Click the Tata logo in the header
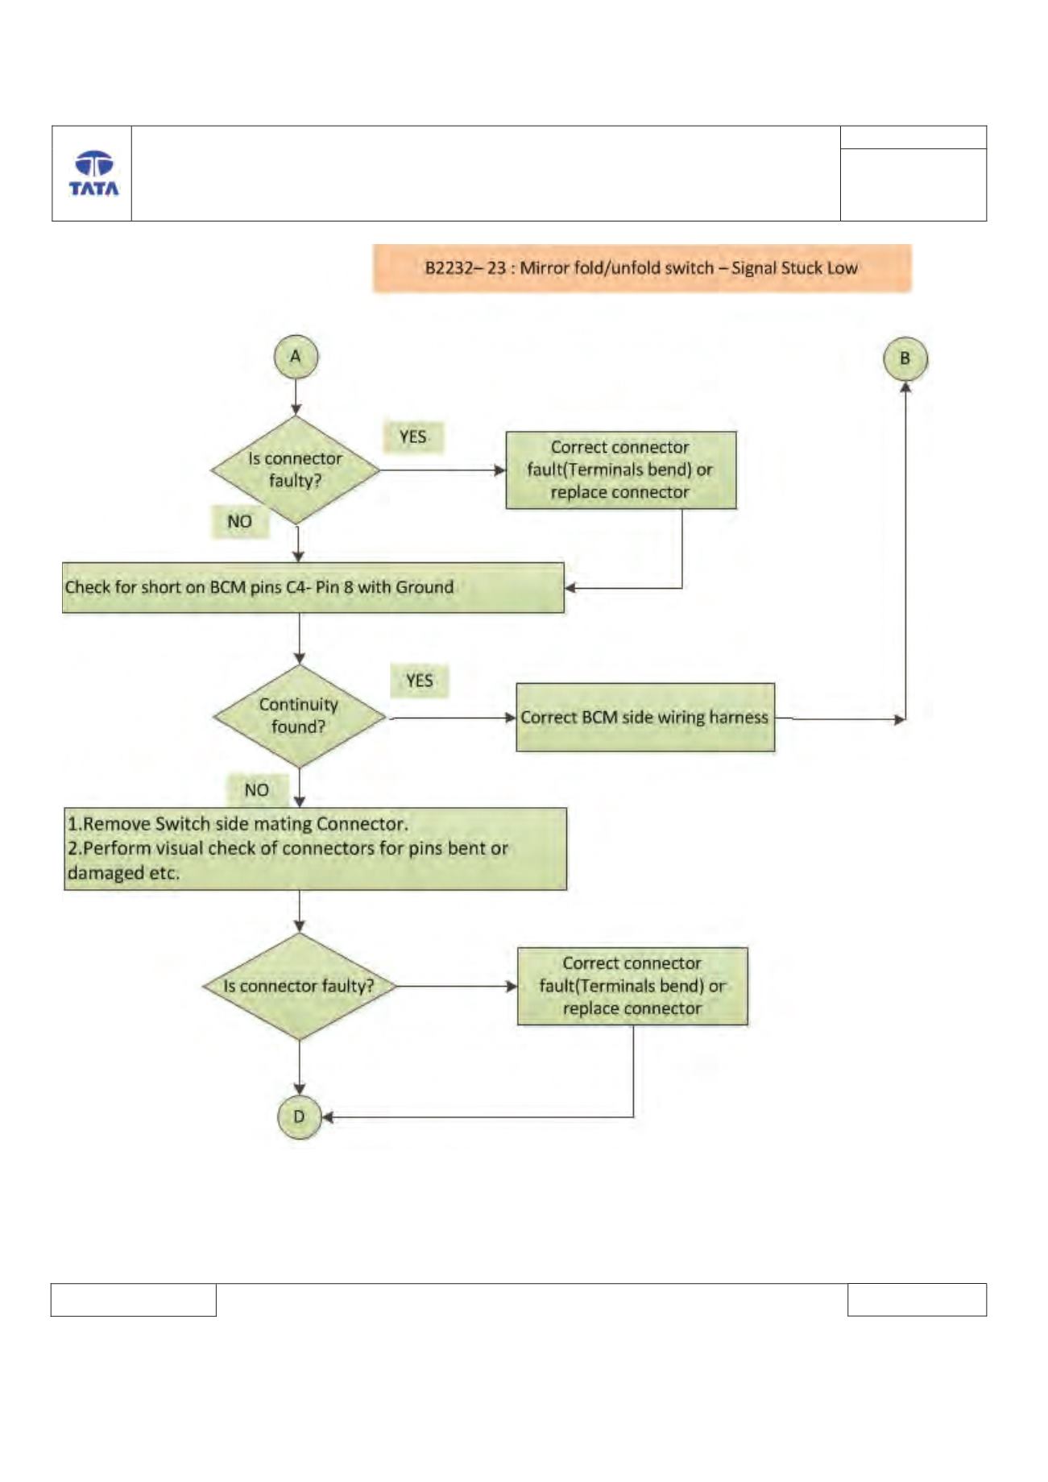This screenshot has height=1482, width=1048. (x=93, y=173)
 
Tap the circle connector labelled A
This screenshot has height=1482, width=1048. (x=296, y=358)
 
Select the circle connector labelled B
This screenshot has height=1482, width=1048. (x=905, y=359)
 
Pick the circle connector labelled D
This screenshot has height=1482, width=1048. (x=299, y=1117)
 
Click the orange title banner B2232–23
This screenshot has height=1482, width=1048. (x=642, y=268)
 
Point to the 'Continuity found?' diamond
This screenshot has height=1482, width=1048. (x=299, y=716)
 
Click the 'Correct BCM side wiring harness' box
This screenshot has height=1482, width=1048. (x=645, y=718)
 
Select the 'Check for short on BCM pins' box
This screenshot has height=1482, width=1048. (x=313, y=588)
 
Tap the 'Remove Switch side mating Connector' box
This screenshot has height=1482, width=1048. (x=316, y=849)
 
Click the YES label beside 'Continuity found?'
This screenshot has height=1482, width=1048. (x=419, y=681)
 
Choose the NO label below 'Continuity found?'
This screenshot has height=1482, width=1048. (x=257, y=790)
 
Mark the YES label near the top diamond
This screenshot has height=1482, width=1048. (x=413, y=437)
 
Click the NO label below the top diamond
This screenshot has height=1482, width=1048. (x=240, y=522)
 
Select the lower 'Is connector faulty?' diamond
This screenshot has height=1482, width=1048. (x=300, y=987)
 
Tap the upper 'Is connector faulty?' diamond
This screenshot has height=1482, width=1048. (x=296, y=470)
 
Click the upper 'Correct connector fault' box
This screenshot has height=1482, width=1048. (x=621, y=470)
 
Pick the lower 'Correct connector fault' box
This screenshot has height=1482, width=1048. (x=632, y=987)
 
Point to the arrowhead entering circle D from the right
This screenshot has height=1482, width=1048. (x=327, y=1118)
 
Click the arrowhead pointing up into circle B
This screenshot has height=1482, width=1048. (x=905, y=387)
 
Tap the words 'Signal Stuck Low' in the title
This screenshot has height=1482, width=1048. (x=794, y=268)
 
